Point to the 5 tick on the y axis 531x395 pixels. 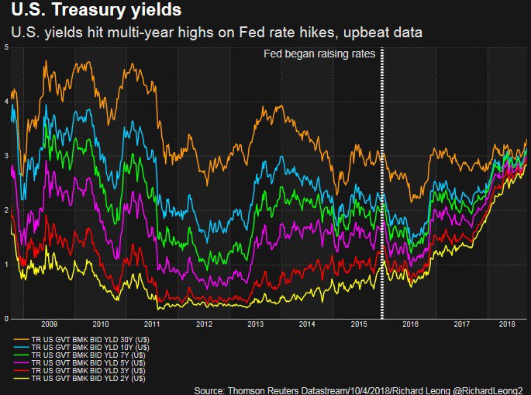click(x=6, y=48)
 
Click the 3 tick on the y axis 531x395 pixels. click(x=6, y=156)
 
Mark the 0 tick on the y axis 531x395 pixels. click(x=6, y=319)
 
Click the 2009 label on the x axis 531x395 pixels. click(x=49, y=324)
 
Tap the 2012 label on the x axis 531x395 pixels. click(x=203, y=324)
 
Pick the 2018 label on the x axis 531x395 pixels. click(x=507, y=324)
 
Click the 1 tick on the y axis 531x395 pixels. click(x=6, y=265)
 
